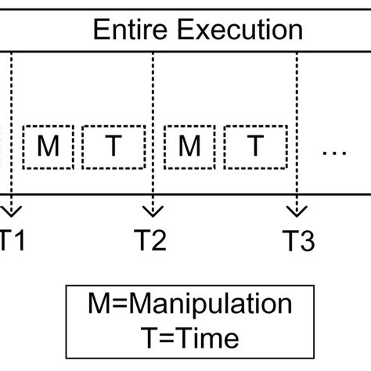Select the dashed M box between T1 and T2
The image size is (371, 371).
click(48, 147)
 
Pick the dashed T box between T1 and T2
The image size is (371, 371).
click(113, 147)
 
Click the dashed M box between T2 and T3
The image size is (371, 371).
click(189, 147)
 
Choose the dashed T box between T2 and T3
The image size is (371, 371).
click(254, 147)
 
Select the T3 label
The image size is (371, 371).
click(297, 240)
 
